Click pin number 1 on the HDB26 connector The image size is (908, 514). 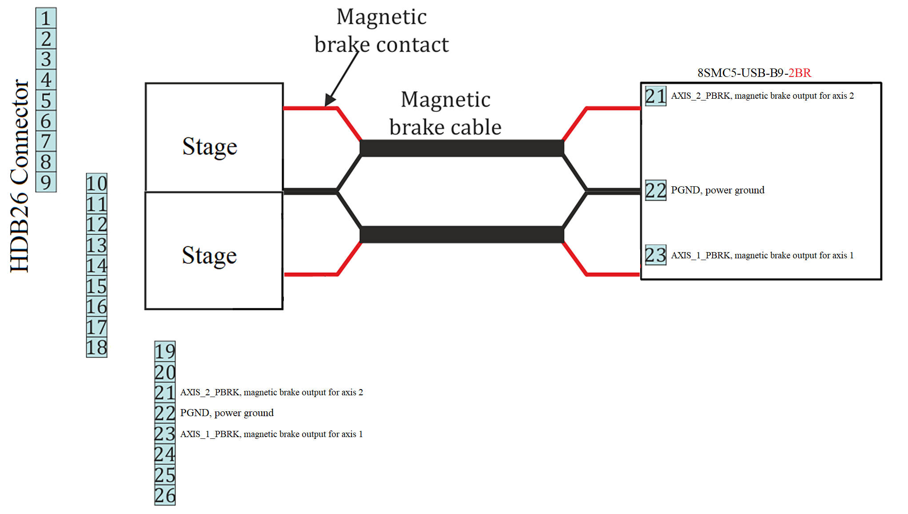46,18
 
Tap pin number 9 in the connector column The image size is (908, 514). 46,182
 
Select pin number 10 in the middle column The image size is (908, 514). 96,183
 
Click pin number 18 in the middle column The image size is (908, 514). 96,347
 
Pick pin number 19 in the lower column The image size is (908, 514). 165,351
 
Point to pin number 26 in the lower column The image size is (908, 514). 165,495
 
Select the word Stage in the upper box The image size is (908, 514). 210,147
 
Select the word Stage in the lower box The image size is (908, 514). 209,256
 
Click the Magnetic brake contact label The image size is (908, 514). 381,31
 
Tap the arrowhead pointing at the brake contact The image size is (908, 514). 329,100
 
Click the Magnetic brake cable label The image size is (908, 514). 445,113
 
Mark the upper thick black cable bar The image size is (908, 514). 462,148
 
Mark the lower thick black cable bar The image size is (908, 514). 462,234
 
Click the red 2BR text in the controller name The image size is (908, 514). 800,73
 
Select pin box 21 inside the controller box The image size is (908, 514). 655,96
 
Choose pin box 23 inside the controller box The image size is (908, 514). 655,255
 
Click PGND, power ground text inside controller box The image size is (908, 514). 717,190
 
